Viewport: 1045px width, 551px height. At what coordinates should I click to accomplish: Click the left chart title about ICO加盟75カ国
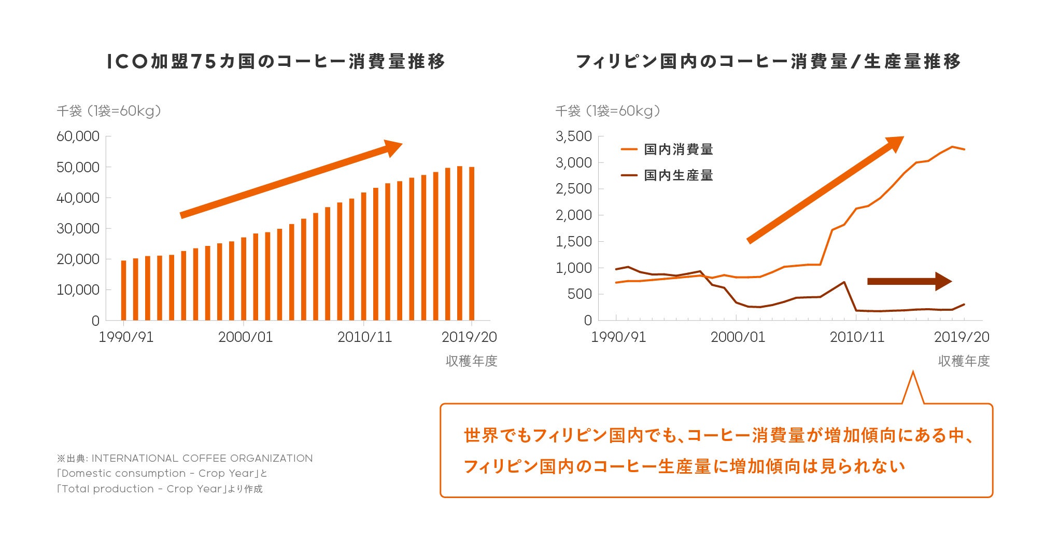[x=276, y=61]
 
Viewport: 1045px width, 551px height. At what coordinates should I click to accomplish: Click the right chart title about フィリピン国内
[x=768, y=61]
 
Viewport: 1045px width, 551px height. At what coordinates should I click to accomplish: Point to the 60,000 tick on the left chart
[x=78, y=136]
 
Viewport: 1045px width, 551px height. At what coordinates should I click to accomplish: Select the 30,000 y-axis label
[x=78, y=228]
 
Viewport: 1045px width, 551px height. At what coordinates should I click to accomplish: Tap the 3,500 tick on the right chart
[x=573, y=136]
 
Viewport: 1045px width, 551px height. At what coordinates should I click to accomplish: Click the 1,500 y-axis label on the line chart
[x=573, y=242]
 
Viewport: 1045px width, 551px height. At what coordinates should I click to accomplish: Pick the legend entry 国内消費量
[x=678, y=149]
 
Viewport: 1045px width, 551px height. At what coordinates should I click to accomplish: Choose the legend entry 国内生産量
[x=678, y=175]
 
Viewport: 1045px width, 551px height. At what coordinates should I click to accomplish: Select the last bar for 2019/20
[x=472, y=244]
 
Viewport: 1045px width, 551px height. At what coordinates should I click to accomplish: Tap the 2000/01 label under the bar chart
[x=245, y=337]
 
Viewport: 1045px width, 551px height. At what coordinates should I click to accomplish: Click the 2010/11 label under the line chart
[x=857, y=337]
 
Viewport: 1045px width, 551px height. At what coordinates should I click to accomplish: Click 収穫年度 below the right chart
[x=964, y=361]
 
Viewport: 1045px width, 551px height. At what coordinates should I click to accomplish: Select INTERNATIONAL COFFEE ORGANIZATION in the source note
[x=202, y=458]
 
